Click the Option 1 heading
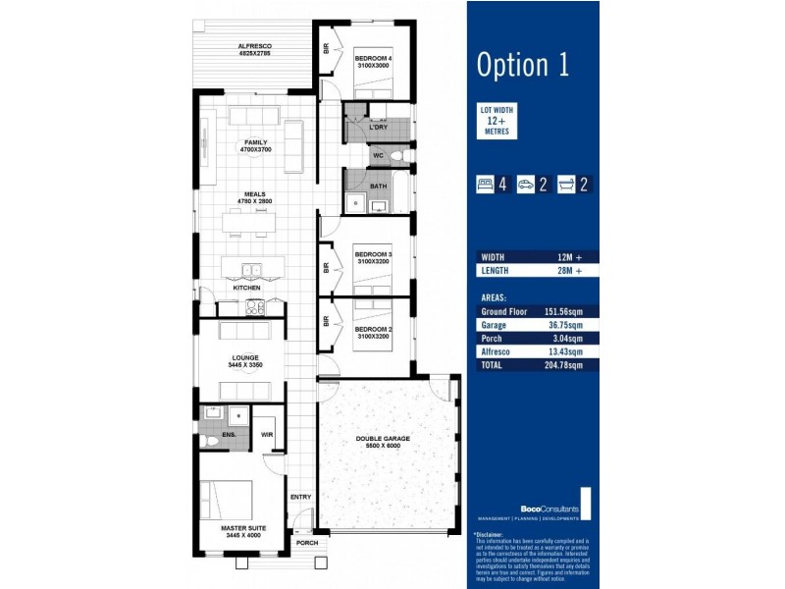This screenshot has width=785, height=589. click(x=522, y=65)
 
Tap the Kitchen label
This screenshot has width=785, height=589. click(x=246, y=288)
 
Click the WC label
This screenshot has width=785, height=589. click(x=378, y=156)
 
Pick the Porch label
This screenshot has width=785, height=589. click(x=307, y=543)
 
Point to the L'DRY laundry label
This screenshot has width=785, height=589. click(x=378, y=128)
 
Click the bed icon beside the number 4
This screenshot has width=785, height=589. click(x=484, y=183)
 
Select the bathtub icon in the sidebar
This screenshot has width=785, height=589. click(x=568, y=183)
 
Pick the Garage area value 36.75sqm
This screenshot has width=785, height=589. click(x=565, y=325)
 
